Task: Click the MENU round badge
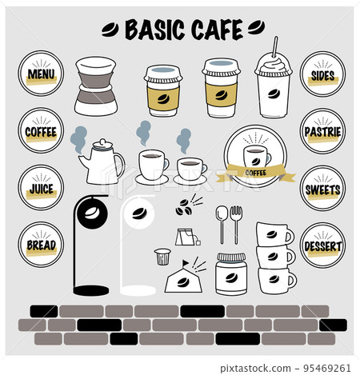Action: click(41, 74)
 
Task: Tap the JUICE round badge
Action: click(41, 187)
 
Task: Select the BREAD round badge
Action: click(41, 245)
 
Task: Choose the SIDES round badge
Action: click(322, 74)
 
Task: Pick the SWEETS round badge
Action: click(322, 188)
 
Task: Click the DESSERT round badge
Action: click(322, 245)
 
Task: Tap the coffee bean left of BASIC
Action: click(110, 30)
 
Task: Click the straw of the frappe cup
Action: click(275, 47)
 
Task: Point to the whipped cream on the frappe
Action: click(274, 66)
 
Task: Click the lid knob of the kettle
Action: click(102, 142)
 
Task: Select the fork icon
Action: click(236, 225)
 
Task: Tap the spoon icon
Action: click(222, 225)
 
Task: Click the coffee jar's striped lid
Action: click(231, 257)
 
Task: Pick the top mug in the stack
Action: click(274, 234)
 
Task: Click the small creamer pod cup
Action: click(162, 257)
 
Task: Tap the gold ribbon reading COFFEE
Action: click(255, 173)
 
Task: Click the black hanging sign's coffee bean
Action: click(91, 213)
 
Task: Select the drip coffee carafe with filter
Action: click(96, 86)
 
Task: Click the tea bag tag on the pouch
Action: click(198, 242)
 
